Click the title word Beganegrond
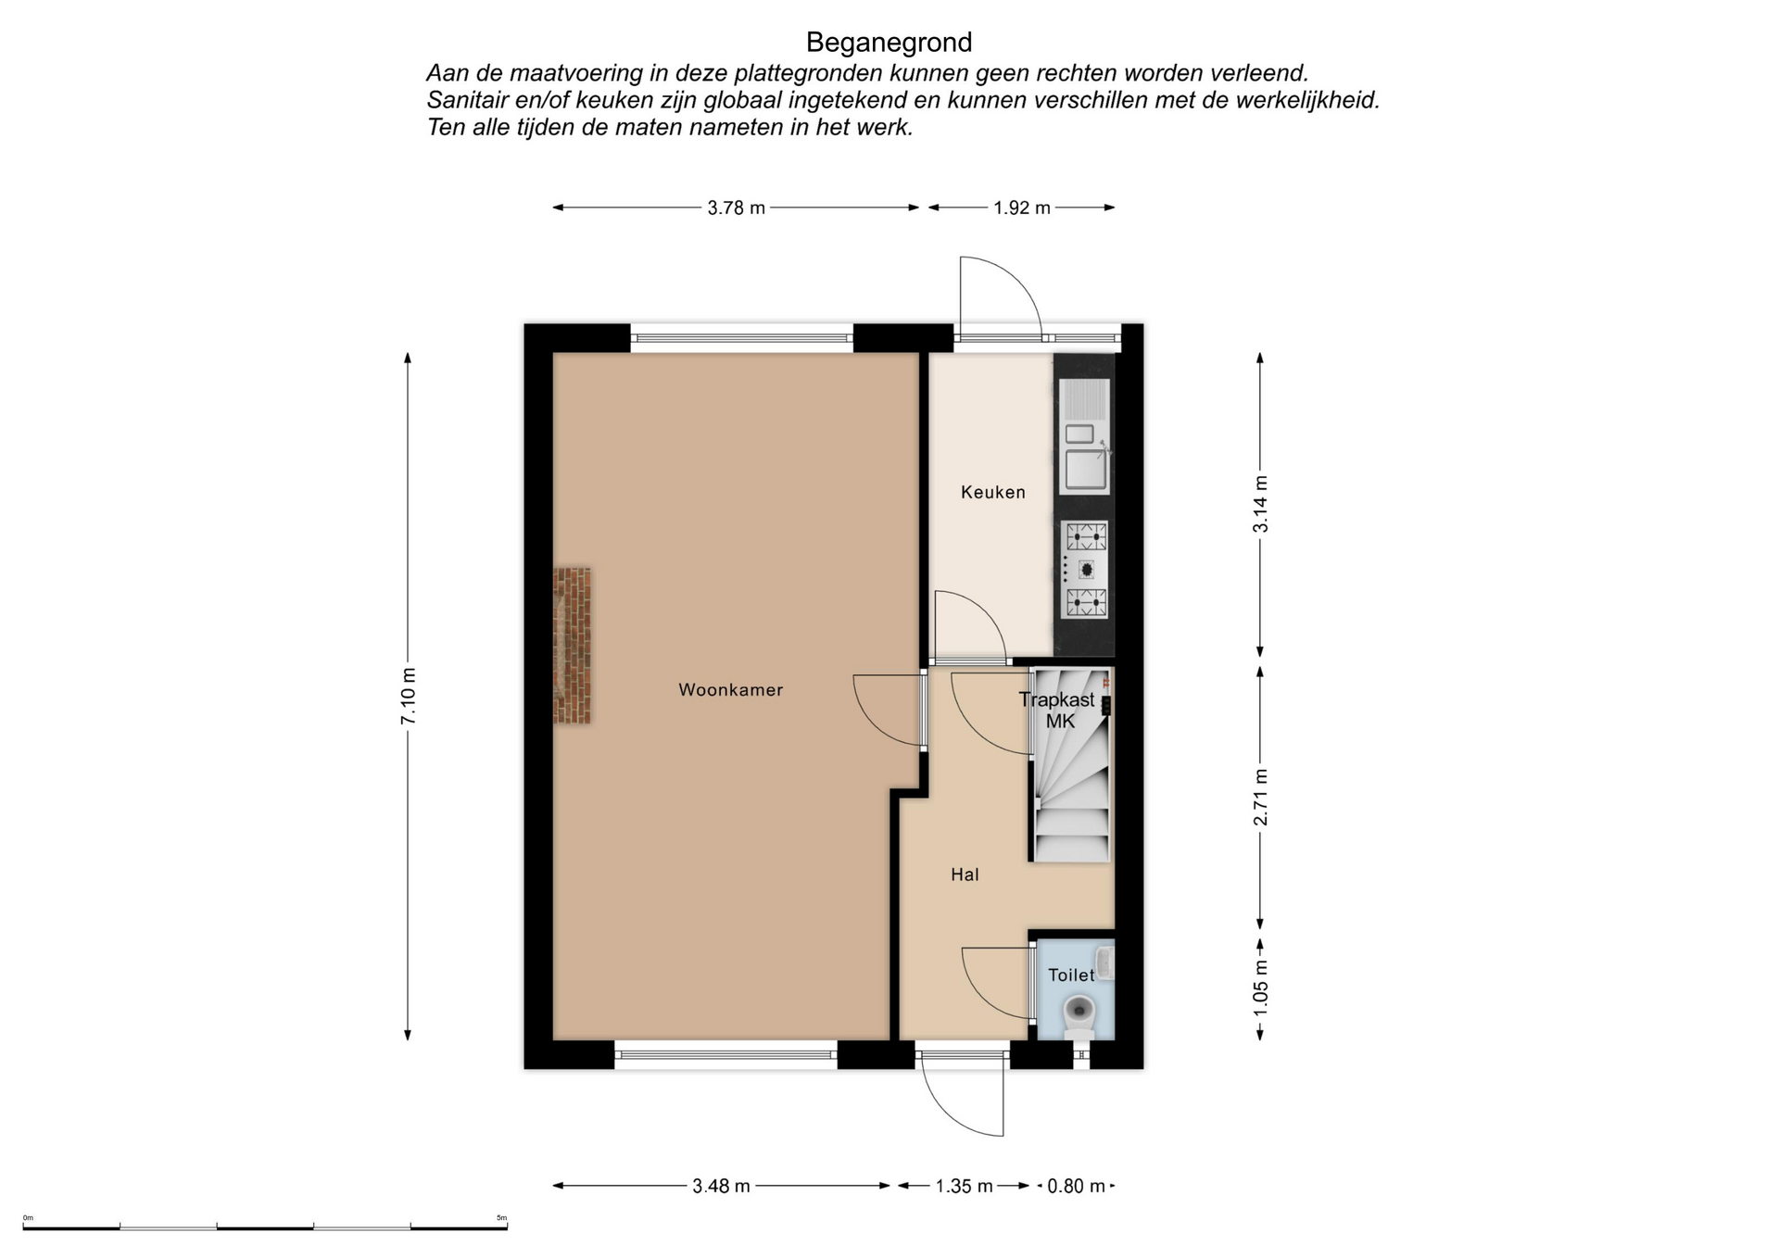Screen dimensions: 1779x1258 [889, 43]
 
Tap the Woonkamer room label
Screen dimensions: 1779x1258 [731, 690]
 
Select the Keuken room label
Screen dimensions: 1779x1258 [993, 493]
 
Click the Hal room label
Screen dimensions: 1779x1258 [965, 874]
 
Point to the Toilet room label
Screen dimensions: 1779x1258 [1071, 975]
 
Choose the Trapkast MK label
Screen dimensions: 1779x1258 [1057, 711]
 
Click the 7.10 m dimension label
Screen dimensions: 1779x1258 [409, 696]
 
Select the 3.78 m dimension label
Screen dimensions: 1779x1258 [737, 208]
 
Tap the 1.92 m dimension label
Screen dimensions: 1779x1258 [1022, 208]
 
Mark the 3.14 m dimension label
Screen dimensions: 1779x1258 [1261, 504]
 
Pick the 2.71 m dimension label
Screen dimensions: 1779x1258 [1261, 797]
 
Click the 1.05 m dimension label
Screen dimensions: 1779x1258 [1261, 986]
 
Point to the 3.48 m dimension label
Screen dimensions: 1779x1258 [721, 1187]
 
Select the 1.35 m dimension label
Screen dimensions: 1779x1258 [964, 1187]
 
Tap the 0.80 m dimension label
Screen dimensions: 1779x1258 [1076, 1187]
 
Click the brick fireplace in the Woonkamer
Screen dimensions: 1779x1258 [573, 646]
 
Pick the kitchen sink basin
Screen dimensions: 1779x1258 [1085, 469]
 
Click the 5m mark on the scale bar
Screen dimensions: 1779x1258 [501, 1218]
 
